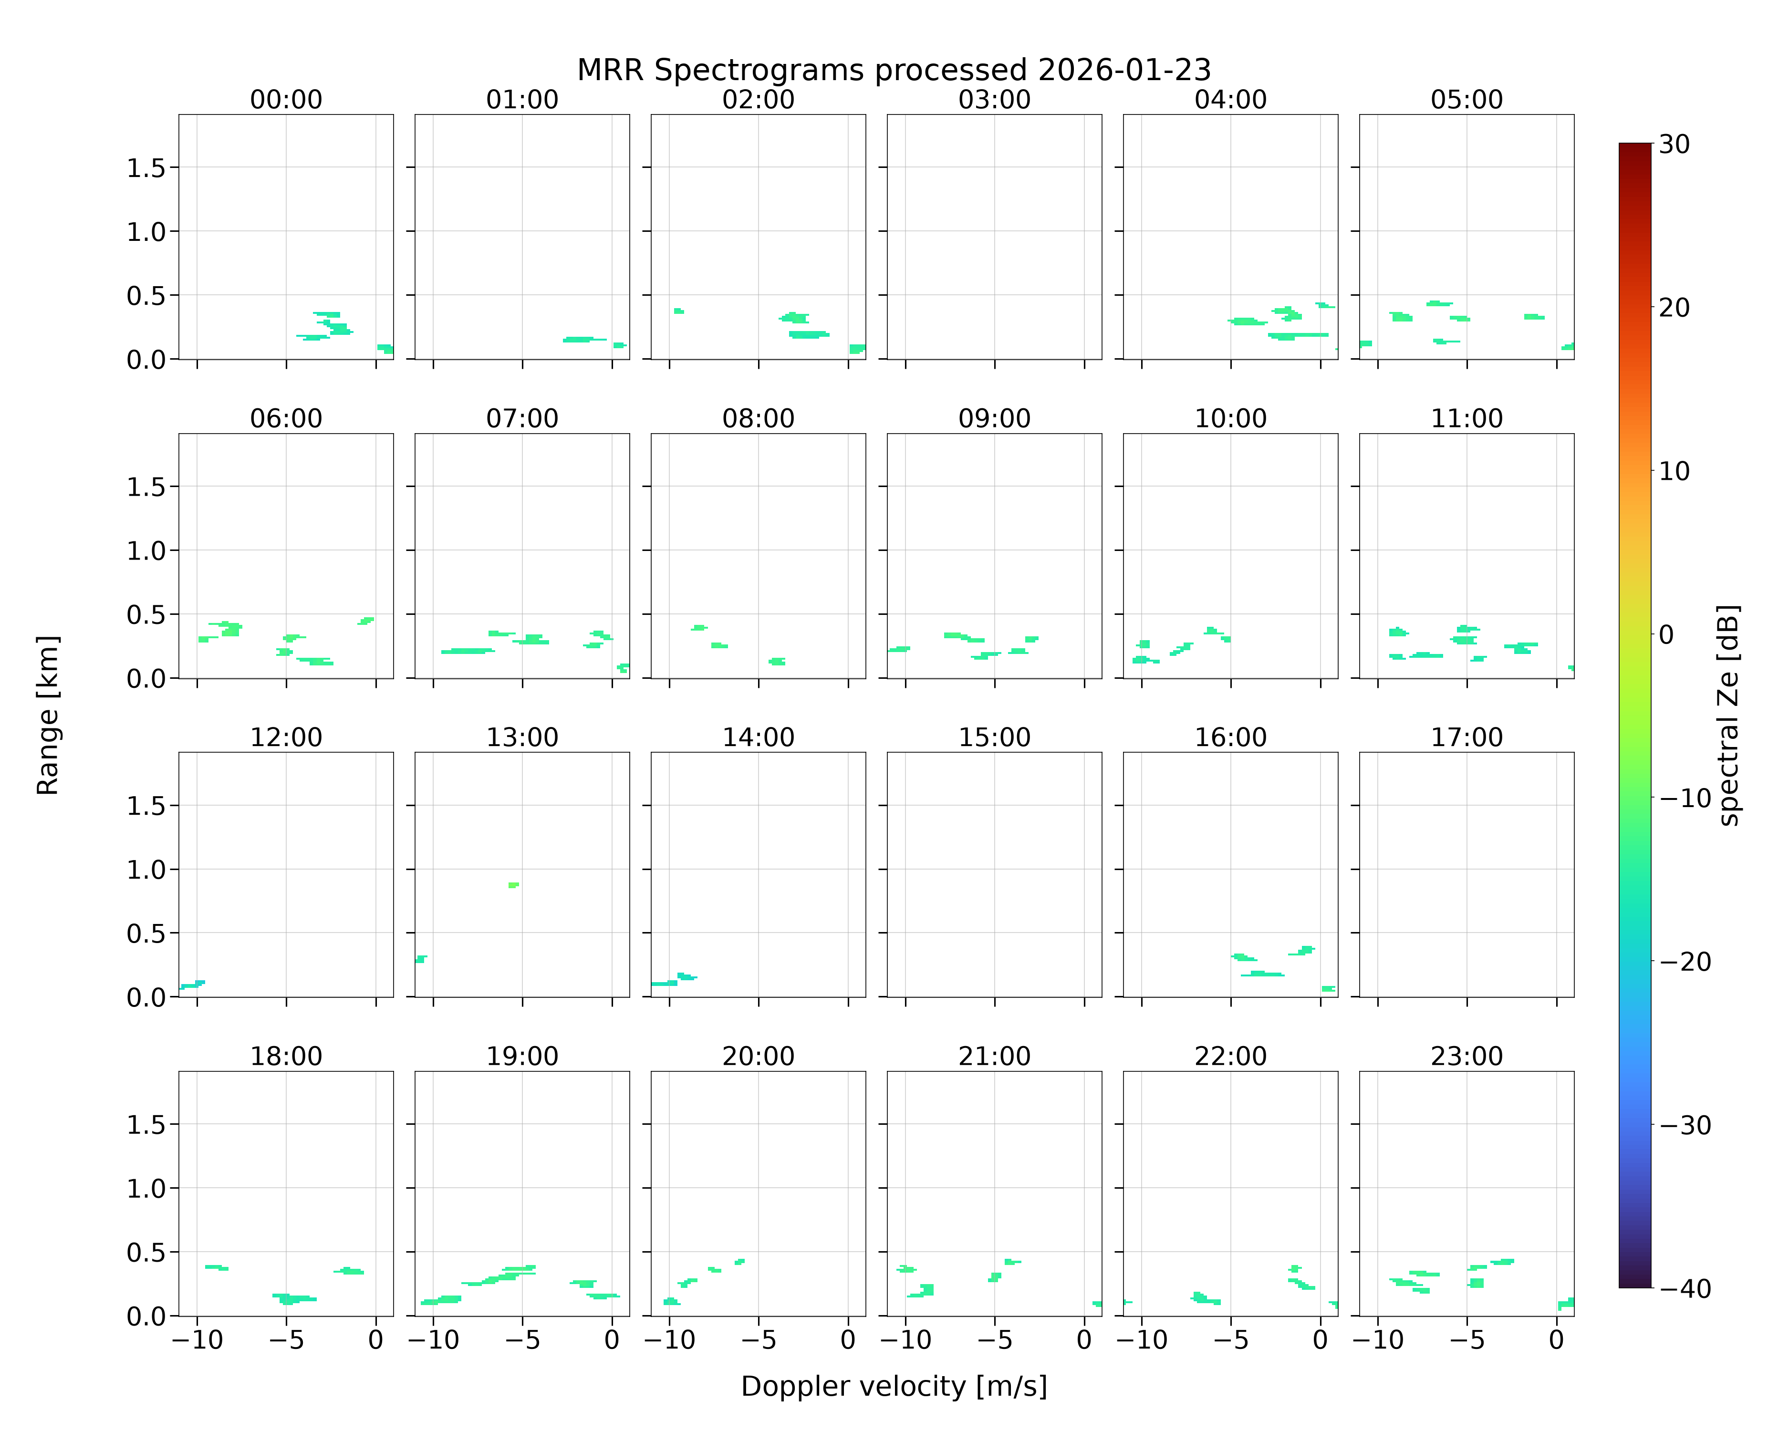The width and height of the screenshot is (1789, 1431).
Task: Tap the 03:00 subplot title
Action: coord(994,100)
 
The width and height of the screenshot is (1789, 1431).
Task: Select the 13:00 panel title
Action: coord(522,737)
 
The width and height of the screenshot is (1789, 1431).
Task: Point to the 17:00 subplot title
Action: coord(1466,737)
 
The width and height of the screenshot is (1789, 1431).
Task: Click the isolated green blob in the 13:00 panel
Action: coord(514,885)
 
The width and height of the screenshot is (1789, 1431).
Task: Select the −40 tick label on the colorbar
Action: coord(1685,1288)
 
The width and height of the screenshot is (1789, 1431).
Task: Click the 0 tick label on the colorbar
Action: coord(1666,634)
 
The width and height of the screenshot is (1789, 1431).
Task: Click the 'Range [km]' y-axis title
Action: coord(48,715)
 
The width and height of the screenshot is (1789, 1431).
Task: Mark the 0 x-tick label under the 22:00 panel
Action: coord(1320,1340)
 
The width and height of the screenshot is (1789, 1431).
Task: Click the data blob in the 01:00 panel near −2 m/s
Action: coord(583,339)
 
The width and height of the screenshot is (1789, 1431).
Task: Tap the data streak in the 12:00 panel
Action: coord(192,985)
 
